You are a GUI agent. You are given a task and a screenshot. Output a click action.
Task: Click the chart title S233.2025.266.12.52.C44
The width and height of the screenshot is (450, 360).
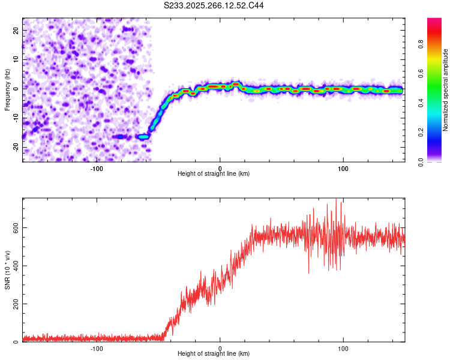coord(214,5)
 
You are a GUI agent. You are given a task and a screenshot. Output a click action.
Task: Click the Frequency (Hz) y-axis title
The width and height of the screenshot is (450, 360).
coord(7,89)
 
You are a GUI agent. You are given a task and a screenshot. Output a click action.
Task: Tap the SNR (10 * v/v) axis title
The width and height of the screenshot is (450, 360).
coord(7,270)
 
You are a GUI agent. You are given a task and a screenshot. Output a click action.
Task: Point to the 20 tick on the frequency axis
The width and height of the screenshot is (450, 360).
coord(16,30)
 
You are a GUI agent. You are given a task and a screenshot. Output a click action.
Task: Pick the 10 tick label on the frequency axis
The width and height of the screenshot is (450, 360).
coord(16,59)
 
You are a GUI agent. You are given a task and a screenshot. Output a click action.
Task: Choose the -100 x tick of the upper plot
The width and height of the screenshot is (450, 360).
coord(97,167)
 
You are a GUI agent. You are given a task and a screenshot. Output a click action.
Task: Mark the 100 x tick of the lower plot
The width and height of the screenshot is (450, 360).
coord(343,348)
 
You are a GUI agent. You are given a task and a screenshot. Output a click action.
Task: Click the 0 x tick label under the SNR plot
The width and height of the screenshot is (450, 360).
coord(220,348)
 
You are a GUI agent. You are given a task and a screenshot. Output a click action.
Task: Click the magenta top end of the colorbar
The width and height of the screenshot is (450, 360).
coord(434,22)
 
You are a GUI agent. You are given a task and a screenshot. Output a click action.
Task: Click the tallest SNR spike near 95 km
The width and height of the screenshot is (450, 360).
coord(336,200)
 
